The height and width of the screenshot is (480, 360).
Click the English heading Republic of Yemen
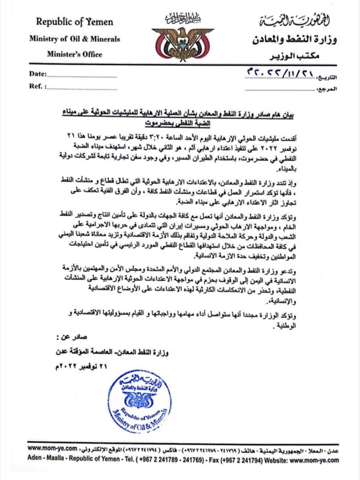[75, 22]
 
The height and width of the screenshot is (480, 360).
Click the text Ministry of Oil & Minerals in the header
[75, 39]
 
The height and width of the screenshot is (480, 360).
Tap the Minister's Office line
[75, 55]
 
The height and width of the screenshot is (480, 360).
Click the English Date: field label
[37, 74]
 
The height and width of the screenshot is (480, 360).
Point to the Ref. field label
[37, 87]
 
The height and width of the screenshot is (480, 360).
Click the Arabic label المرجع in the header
[328, 89]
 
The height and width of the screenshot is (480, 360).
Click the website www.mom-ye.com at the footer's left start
[52, 449]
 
